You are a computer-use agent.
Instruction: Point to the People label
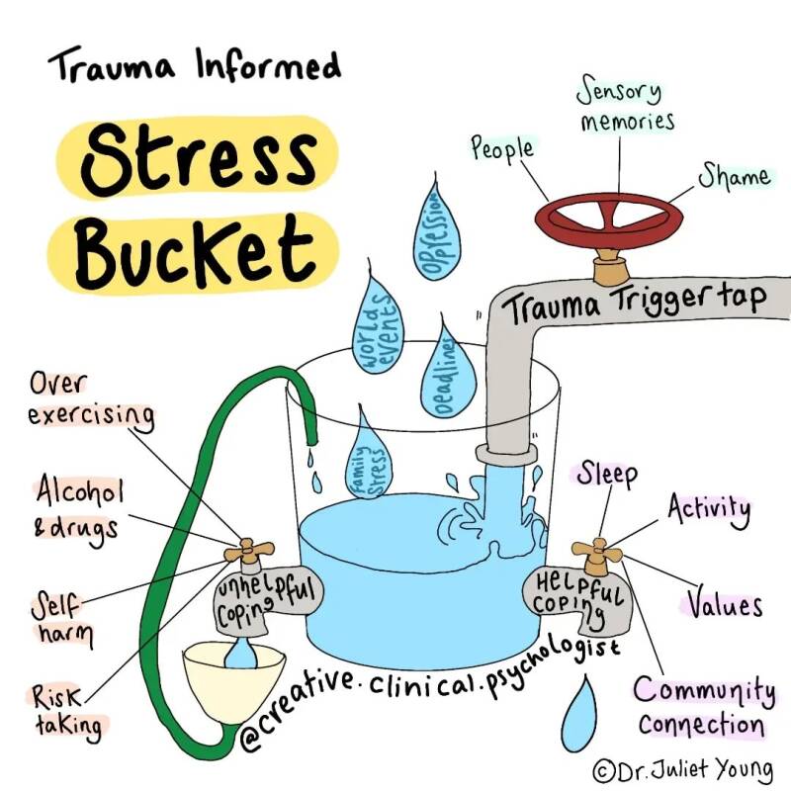501,149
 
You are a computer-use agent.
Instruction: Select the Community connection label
702,706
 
